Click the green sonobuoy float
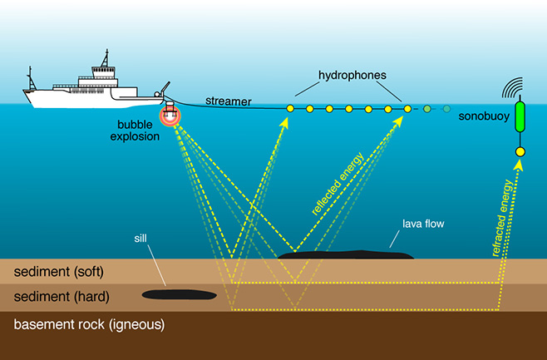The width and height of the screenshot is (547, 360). pos(520,117)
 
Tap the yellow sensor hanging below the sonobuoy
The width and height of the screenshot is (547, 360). pos(520,152)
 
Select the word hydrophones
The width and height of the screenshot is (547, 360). pos(352,76)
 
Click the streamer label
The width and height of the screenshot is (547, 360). pos(229,101)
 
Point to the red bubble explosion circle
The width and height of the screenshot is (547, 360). pos(170,116)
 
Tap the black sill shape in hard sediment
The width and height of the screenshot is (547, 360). pos(180,295)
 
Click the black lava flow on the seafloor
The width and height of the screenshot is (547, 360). pos(346,254)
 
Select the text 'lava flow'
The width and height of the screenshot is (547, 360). pos(423,224)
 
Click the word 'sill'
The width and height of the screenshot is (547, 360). pos(140,239)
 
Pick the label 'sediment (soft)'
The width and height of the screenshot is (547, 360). pos(58,272)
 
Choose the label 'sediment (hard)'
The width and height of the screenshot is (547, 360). pos(62,297)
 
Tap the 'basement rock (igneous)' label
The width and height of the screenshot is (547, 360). pos(89,324)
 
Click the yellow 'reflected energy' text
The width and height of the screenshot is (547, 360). pos(338,184)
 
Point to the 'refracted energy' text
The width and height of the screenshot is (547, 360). pos(503,218)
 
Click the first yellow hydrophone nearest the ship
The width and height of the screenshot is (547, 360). pos(290,109)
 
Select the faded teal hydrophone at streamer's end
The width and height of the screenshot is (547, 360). pos(446,109)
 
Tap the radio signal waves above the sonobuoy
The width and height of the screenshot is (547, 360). pos(512,87)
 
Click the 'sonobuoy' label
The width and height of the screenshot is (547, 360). pos(484,116)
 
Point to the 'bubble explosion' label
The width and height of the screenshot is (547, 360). pos(135,131)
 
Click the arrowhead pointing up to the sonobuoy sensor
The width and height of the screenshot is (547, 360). pos(519,165)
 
